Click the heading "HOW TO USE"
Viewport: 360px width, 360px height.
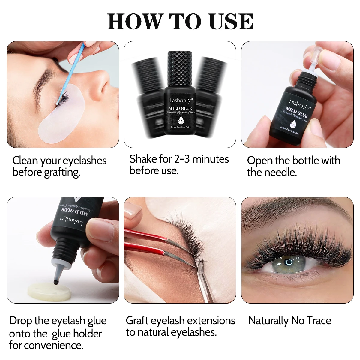[180, 22]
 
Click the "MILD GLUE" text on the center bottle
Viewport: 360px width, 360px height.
[180, 108]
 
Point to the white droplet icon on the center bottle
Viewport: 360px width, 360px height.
[181, 121]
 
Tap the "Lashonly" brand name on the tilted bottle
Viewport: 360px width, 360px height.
[299, 105]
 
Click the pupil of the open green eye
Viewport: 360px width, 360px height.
[289, 262]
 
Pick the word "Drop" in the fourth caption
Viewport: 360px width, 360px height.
[20, 321]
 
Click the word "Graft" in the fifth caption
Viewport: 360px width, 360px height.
[137, 321]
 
